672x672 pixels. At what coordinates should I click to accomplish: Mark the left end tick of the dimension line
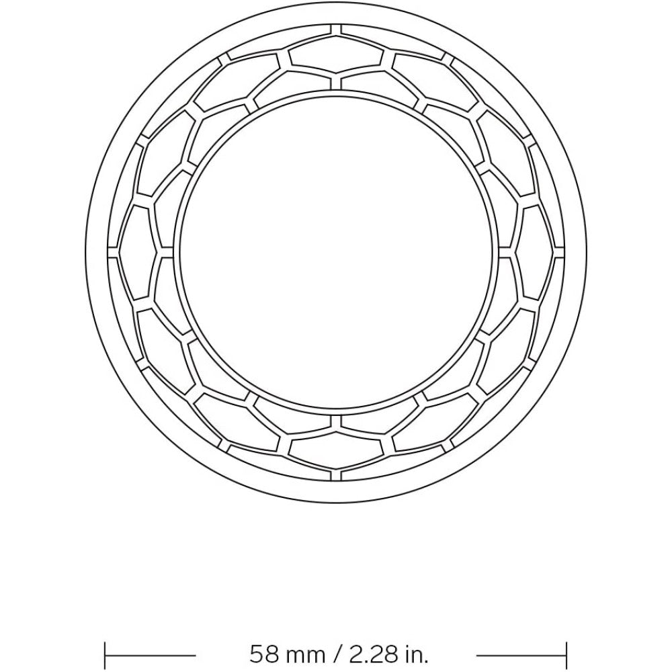click(x=106, y=655)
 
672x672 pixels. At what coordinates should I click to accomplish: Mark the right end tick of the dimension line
click(x=566, y=655)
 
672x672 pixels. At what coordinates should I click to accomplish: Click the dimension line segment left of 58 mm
click(x=151, y=655)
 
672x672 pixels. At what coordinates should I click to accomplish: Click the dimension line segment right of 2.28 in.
click(x=521, y=655)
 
